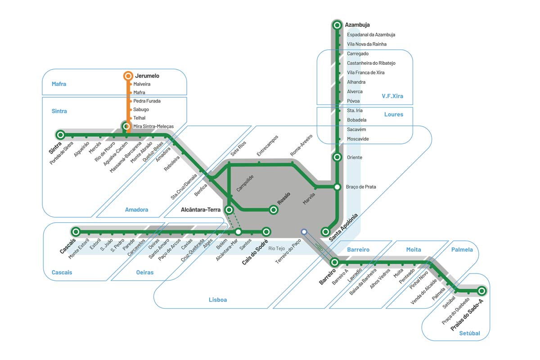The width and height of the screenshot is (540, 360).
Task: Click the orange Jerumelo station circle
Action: click(128, 76)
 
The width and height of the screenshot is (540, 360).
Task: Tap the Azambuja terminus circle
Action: click(337, 25)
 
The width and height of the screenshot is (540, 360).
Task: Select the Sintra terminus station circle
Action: click(60, 134)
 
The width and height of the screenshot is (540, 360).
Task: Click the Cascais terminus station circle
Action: click(76, 232)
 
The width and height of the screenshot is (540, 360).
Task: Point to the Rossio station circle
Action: click(273, 209)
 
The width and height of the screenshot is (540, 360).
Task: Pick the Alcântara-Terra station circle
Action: click(229, 210)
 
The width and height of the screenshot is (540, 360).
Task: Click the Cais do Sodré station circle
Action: click(266, 232)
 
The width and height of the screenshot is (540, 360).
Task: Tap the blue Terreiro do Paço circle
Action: click(304, 232)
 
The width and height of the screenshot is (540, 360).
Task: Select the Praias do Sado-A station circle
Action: click(481, 291)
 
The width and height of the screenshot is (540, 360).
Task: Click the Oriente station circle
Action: click(337, 157)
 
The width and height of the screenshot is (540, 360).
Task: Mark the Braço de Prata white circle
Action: click(337, 187)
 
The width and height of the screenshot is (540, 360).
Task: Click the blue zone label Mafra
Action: click(59, 84)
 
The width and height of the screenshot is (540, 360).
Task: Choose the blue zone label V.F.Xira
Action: click(392, 96)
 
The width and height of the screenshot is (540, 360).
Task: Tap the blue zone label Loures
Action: click(394, 115)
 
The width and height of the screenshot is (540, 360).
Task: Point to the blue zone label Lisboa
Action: click(218, 300)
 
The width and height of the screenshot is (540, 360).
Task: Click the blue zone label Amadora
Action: click(136, 210)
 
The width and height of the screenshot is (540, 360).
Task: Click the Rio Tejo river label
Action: click(277, 248)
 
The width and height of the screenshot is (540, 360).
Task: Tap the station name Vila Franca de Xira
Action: click(365, 72)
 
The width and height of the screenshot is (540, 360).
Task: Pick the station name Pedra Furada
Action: click(147, 101)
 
